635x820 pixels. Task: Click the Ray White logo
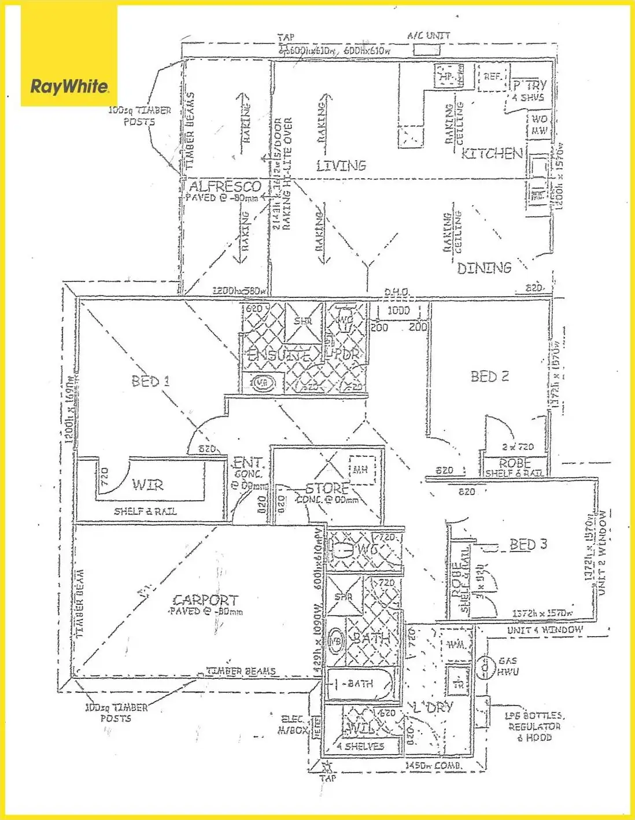tap(69, 87)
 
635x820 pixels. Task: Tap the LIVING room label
tap(341, 166)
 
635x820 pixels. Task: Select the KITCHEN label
tap(492, 154)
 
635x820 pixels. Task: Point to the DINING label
tap(484, 268)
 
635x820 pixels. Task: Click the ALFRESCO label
tap(225, 186)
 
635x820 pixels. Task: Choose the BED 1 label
tap(150, 381)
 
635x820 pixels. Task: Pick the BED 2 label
tap(489, 376)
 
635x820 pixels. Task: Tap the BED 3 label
tap(527, 545)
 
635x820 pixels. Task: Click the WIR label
tap(147, 485)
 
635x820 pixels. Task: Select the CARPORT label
tap(205, 600)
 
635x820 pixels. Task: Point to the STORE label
tap(327, 488)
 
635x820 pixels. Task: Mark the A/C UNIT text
tap(429, 36)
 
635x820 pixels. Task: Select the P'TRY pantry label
tap(529, 85)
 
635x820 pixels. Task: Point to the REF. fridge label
tap(492, 76)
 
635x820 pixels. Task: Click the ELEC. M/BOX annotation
tap(293, 725)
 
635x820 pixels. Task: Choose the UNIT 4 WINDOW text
tap(545, 630)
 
